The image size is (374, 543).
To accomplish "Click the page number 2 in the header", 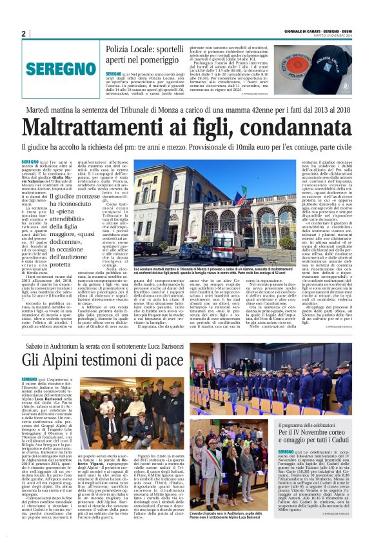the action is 24,34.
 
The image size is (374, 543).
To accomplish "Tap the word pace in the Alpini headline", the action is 169,358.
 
